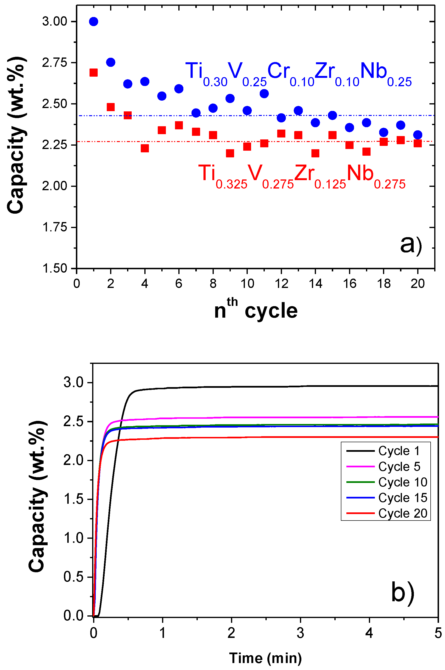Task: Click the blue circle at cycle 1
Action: [93, 22]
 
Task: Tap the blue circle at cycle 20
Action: [417, 135]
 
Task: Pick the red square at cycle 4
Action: [145, 148]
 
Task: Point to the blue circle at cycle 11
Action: [264, 93]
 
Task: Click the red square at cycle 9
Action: [230, 153]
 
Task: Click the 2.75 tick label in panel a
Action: [55, 63]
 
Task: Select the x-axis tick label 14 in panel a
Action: [315, 283]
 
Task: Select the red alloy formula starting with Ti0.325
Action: [302, 176]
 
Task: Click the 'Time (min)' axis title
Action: [265, 658]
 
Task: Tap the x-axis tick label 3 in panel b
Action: [300, 633]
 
